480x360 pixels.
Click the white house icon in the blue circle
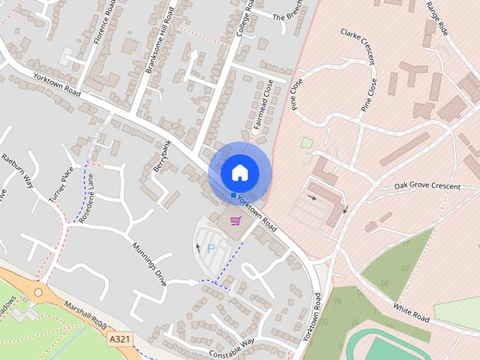tap(239, 172)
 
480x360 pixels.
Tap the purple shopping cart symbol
tap(235, 220)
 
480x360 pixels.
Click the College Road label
tap(245, 18)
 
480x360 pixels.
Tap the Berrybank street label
tap(163, 157)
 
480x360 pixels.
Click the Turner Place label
tap(61, 184)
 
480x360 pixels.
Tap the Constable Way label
tap(232, 346)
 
